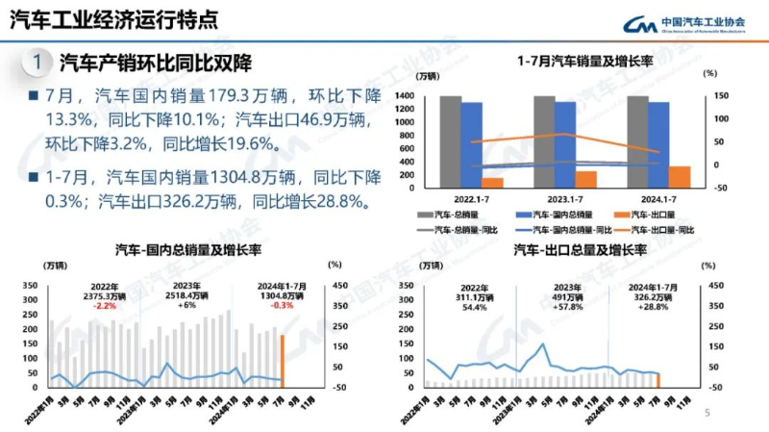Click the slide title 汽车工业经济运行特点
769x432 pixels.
click(x=112, y=20)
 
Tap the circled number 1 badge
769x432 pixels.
click(x=37, y=64)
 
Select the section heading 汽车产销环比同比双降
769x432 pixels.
click(x=155, y=64)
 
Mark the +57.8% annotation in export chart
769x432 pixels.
click(x=567, y=307)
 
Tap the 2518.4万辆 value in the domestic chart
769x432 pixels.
click(x=187, y=296)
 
